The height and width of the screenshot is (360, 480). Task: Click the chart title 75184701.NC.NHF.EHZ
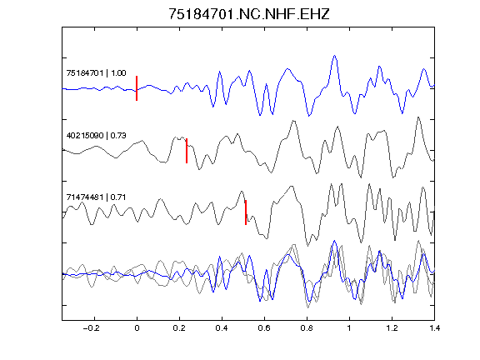[x=249, y=14]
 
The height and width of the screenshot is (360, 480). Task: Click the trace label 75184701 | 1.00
[x=96, y=73]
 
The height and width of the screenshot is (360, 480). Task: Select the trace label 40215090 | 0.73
[x=96, y=135]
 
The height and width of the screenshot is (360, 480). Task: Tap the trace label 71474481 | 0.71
[x=96, y=197]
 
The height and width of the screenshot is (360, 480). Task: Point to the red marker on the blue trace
[x=137, y=88]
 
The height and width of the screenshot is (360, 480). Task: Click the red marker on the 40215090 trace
[x=187, y=151]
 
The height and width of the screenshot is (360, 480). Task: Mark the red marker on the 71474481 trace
[x=246, y=212]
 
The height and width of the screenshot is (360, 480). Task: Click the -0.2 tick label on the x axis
[x=92, y=328]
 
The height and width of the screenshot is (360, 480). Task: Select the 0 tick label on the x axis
[x=137, y=328]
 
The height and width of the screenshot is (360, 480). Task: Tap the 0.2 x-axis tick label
[x=179, y=328]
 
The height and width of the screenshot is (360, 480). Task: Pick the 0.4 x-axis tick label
[x=222, y=328]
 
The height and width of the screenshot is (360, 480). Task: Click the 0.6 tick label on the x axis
[x=264, y=328]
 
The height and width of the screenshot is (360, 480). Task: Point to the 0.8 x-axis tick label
[x=307, y=328]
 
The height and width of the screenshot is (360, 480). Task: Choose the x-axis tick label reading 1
[x=349, y=328]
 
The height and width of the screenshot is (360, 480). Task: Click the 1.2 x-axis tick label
[x=392, y=328]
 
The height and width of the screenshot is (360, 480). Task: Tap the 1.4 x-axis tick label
[x=434, y=328]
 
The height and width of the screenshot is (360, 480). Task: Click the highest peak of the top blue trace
[x=335, y=56]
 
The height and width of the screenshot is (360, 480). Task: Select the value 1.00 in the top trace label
[x=118, y=73]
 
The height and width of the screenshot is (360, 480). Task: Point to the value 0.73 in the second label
[x=118, y=135]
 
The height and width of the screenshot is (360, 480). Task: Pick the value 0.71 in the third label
[x=118, y=197]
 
